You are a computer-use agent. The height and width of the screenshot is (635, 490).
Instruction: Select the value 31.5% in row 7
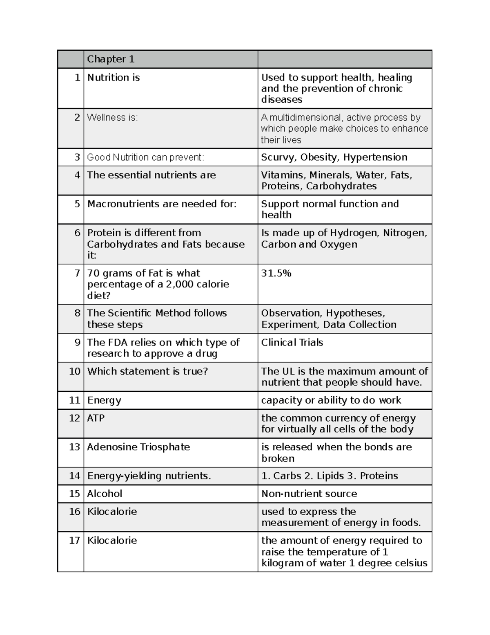[x=276, y=274]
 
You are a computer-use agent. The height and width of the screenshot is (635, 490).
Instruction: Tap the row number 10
[x=75, y=371]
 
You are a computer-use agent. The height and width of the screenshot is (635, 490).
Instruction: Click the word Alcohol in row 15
[x=105, y=494]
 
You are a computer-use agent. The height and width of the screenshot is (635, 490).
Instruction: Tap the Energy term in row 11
[x=104, y=400]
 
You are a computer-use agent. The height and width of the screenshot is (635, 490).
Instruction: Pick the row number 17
[x=74, y=541]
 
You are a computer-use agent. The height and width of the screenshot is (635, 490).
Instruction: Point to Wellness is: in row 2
[x=112, y=118]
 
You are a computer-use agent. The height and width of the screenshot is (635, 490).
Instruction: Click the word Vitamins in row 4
[x=283, y=175]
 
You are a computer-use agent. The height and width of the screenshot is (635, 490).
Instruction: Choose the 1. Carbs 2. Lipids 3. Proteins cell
[x=330, y=476]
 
